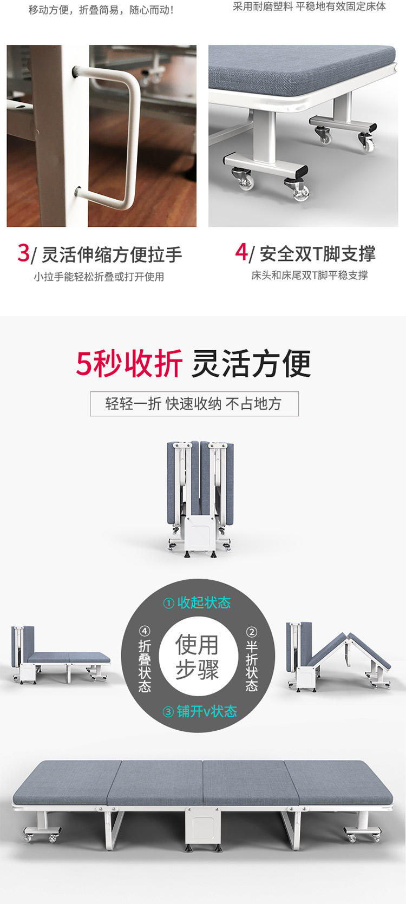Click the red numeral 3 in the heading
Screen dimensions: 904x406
[x=23, y=253]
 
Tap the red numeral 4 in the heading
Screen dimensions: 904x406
[x=241, y=252]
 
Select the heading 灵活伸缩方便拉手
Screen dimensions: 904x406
[x=112, y=254]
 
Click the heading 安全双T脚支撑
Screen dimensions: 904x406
[x=317, y=253]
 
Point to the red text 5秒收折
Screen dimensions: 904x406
[x=129, y=363]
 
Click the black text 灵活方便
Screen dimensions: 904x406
[x=251, y=363]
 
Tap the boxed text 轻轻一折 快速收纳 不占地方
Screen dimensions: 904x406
[x=194, y=404]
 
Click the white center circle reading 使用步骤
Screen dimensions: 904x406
[x=197, y=657]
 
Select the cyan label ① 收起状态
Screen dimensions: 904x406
[x=197, y=602]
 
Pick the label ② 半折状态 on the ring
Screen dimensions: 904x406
[x=252, y=659]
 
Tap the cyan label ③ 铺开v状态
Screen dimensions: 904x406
[x=200, y=711]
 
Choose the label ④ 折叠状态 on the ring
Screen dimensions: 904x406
[x=145, y=659]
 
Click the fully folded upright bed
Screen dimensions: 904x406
[x=200, y=495]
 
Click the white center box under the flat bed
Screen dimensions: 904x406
[x=202, y=825]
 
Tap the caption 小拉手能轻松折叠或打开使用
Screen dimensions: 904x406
[x=99, y=277]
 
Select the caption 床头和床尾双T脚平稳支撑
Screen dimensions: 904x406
[x=310, y=276]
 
